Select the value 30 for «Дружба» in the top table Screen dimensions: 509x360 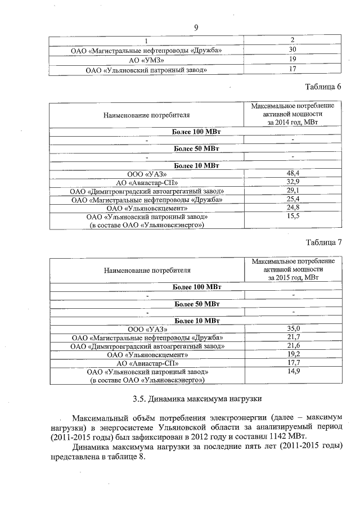[292, 50]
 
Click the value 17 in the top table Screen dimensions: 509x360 [292, 69]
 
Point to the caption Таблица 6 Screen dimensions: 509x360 [323, 87]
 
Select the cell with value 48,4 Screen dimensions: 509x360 [292, 174]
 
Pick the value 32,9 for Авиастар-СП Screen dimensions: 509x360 [292, 183]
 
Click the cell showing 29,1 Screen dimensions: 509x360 [292, 191]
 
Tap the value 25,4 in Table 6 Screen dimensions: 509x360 [292, 200]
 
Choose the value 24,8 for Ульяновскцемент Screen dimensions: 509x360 [292, 208]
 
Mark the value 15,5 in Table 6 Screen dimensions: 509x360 [292, 217]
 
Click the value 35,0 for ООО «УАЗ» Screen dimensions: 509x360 [294, 329]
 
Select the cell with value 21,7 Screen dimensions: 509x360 [294, 337]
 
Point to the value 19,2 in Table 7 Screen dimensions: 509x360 [294, 354]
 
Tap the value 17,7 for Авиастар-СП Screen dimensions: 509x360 [294, 363]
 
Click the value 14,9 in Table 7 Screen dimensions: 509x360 [294, 372]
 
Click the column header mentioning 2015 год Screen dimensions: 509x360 [293, 269]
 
